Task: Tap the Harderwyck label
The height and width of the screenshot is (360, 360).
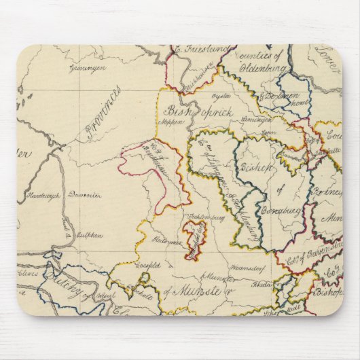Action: [x=43, y=195]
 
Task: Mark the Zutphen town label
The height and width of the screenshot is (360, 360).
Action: [x=90, y=235]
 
